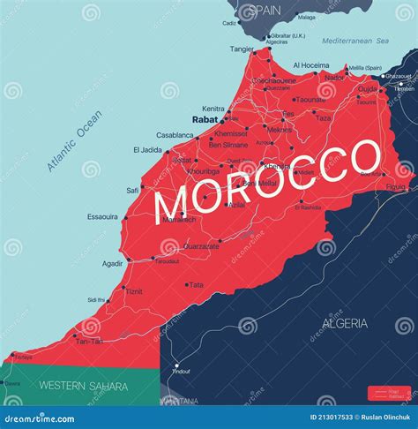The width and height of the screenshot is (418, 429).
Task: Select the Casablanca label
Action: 175,135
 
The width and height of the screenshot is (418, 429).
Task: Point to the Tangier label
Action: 242,49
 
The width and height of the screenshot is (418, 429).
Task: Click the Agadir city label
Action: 112,263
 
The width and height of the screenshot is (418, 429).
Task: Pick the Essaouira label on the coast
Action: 104,216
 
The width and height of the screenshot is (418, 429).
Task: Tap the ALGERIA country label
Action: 345,323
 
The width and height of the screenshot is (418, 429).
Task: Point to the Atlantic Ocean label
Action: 76,140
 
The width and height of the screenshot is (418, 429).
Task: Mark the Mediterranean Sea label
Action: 355,41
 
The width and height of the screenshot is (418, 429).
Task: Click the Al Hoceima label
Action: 310,64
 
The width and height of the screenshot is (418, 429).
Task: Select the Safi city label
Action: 132,189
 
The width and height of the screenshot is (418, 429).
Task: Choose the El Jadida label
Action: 147,150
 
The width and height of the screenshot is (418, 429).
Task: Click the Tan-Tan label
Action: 89,341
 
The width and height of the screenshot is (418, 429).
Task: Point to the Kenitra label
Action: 213,108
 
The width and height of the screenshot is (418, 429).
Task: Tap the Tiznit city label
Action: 133,291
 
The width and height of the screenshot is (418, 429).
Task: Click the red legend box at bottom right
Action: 387,392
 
